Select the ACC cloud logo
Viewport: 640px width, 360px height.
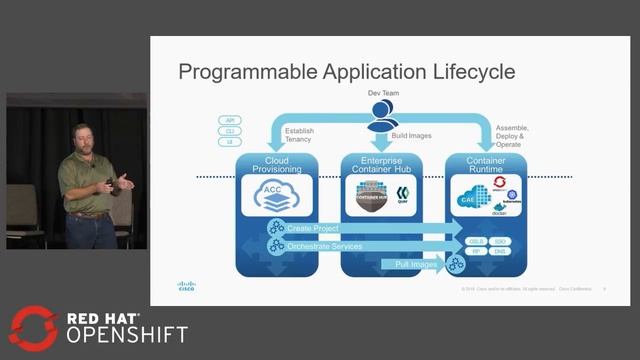click(x=276, y=196)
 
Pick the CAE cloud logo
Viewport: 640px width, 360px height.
click(x=468, y=197)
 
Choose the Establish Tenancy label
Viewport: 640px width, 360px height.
click(x=299, y=135)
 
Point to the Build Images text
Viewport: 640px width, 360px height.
click(x=412, y=135)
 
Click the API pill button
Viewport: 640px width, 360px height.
click(x=230, y=120)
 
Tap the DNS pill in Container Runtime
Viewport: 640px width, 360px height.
click(x=500, y=251)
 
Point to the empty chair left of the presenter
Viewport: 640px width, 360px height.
click(x=25, y=210)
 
